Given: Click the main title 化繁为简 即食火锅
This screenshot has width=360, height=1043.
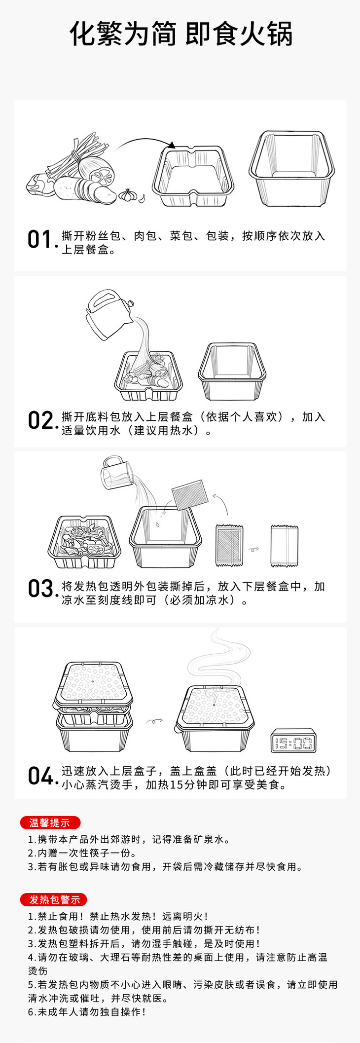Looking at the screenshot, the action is tap(180, 34).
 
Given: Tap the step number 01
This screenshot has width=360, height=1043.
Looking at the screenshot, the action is tap(39, 240).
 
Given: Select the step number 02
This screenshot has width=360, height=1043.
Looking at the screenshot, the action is tap(40, 421).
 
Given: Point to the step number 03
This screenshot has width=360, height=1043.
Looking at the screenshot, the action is tap(40, 589).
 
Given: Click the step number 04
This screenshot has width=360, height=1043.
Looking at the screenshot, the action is tap(40, 776).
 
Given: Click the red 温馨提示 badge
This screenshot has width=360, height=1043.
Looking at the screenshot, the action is tap(50, 822).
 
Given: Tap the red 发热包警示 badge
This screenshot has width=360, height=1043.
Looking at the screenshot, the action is tap(54, 899).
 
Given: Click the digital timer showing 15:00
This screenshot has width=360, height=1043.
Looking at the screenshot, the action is tap(293, 741).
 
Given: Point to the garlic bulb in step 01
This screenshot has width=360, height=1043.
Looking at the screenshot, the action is tap(128, 194).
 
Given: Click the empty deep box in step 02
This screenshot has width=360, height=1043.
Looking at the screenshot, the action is tap(232, 372).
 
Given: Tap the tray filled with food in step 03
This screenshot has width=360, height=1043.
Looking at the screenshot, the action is tap(84, 542).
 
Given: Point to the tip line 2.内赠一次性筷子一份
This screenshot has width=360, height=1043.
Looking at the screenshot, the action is tap(82, 853).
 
